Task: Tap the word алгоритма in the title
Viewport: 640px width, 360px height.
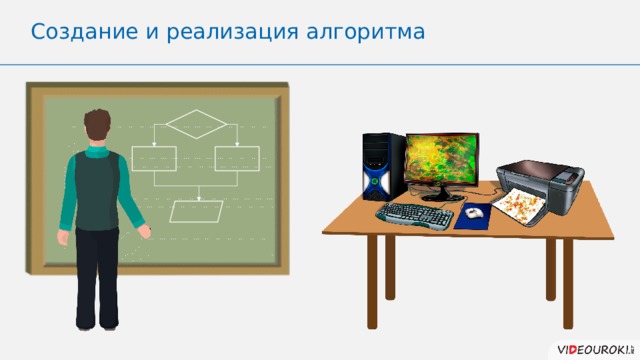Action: [369, 32]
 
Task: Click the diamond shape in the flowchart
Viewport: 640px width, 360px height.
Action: [197, 126]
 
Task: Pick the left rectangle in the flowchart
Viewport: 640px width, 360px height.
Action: [153, 158]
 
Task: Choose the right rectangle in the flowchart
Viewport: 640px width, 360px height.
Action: [236, 158]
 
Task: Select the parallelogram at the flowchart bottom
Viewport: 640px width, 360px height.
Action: [197, 212]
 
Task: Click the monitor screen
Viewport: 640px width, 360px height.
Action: [442, 160]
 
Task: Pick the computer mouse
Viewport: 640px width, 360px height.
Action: [474, 212]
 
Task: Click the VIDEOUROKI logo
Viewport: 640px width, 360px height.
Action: [589, 346]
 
